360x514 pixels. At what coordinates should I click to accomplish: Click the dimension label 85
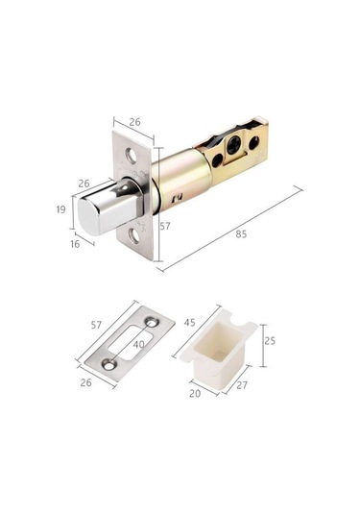tap(241, 234)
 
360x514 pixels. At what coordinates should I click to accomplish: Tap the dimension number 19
tap(60, 209)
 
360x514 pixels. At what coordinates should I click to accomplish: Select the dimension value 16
tap(75, 244)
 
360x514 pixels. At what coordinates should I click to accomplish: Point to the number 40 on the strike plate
tap(139, 344)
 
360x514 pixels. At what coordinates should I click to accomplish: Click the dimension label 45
tap(189, 323)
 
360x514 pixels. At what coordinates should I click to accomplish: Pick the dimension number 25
tap(270, 341)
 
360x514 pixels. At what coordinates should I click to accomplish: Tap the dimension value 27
tap(242, 385)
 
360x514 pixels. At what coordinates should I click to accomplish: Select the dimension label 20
tap(195, 393)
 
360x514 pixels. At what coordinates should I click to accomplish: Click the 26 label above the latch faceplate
tap(134, 122)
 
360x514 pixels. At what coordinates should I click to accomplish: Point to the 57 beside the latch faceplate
tap(165, 226)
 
